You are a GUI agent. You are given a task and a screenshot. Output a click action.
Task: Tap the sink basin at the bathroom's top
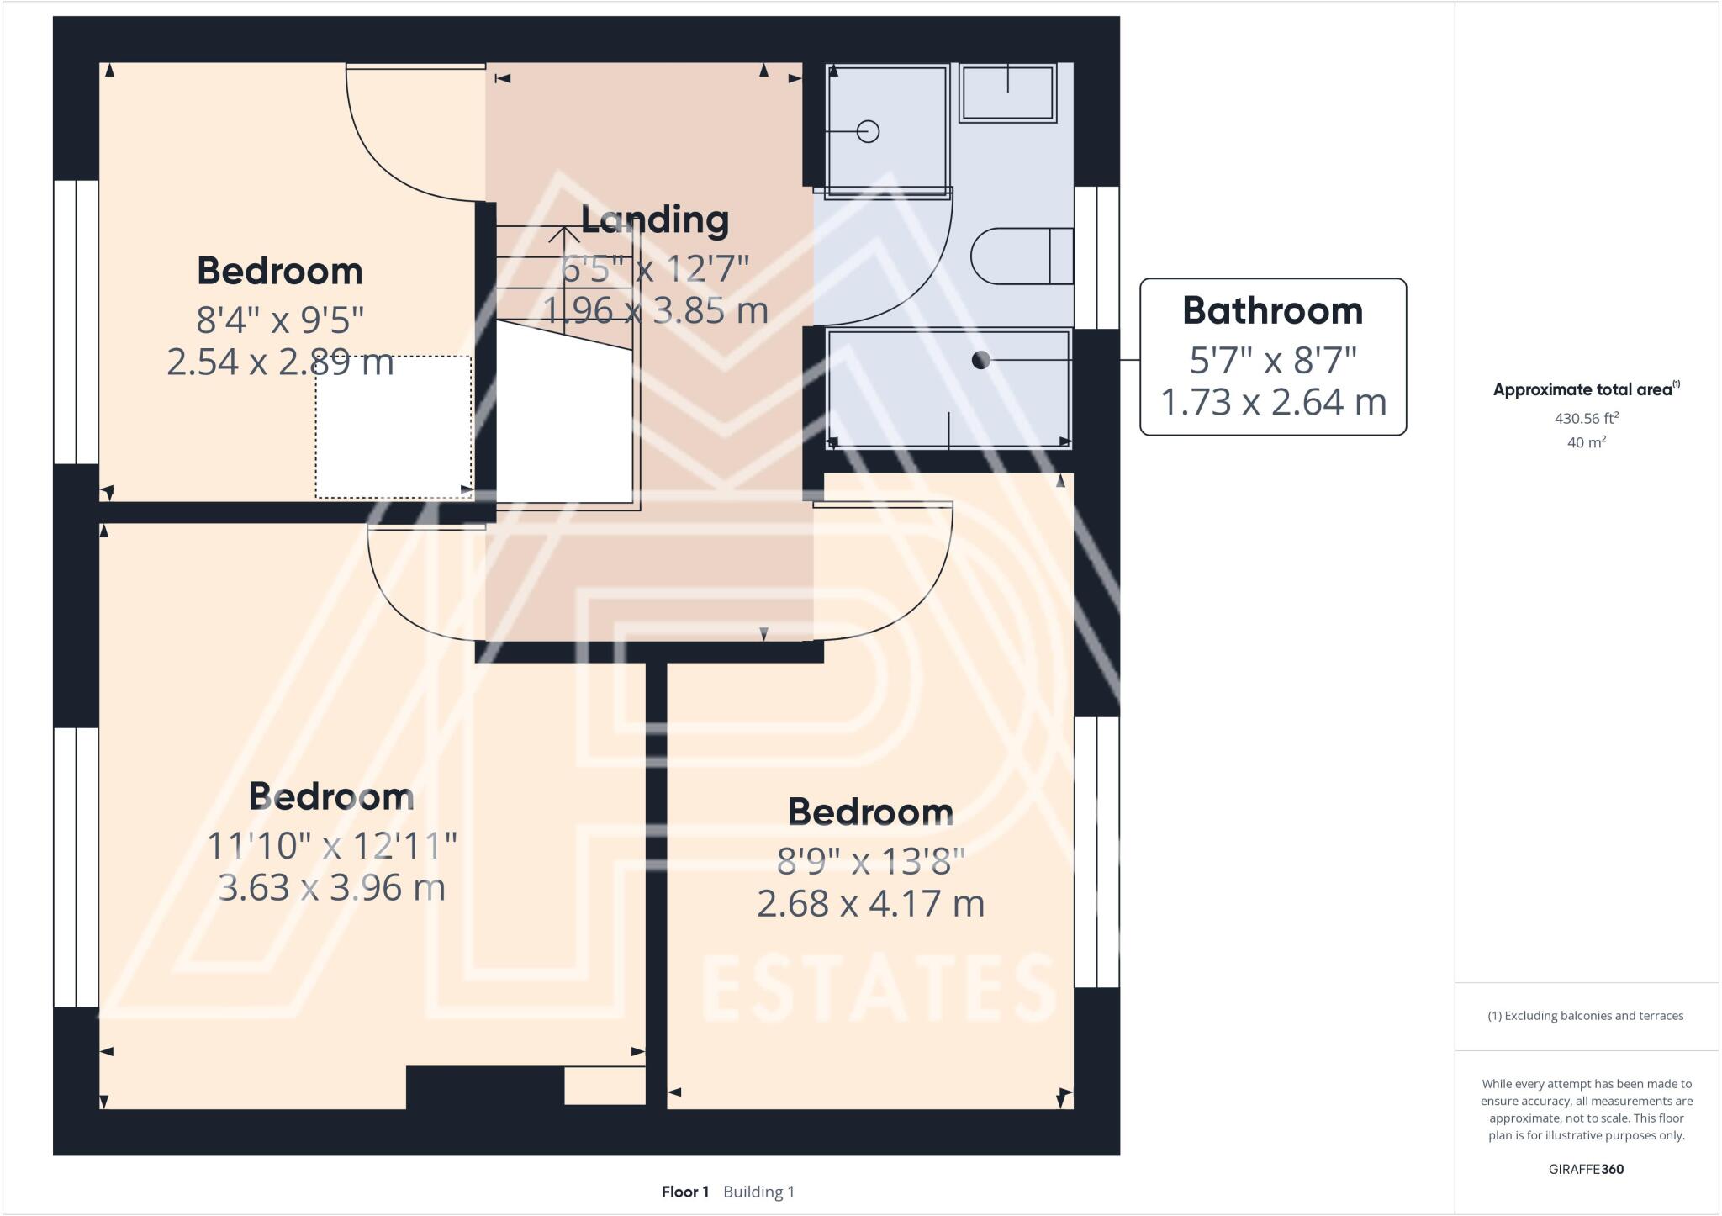coord(1007,93)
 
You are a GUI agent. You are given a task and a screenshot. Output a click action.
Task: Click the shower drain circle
coord(868,132)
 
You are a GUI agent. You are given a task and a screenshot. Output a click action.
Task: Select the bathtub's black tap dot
coord(980,360)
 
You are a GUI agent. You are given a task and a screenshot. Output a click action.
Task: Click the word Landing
coord(655,219)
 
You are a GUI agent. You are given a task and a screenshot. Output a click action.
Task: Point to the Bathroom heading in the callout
coord(1272,310)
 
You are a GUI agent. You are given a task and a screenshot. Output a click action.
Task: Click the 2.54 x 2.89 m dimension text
coord(280,362)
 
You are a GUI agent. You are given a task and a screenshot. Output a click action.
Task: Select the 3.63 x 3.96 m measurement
coord(331,887)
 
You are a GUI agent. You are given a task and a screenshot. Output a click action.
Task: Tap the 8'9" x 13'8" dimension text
coord(870,861)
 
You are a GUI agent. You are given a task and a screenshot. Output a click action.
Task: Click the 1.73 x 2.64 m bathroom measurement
coord(1272,402)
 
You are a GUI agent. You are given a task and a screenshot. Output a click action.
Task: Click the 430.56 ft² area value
coord(1586,418)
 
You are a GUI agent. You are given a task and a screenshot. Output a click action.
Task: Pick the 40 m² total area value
coord(1586,442)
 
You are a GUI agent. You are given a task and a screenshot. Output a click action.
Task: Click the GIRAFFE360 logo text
coord(1586,1169)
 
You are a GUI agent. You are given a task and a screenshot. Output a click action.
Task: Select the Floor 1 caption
coord(684,1192)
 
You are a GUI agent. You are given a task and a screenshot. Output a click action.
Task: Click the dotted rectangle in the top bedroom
coord(394,426)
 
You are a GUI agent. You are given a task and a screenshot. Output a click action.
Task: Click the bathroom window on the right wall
coord(1097,256)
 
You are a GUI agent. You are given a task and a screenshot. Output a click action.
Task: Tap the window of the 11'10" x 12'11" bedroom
coord(76,866)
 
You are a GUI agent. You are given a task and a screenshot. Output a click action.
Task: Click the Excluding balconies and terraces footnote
coord(1586,1016)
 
